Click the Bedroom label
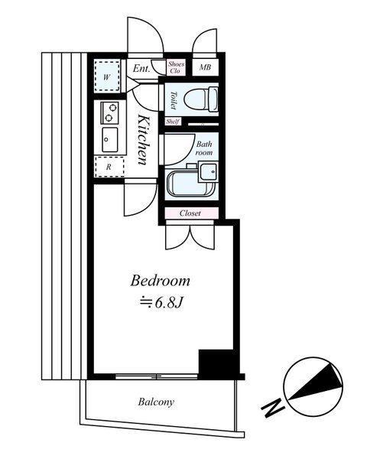pyautogui.click(x=160, y=281)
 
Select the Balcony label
pyautogui.click(x=156, y=402)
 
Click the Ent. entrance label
pyautogui.click(x=141, y=69)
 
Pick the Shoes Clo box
pyautogui.click(x=176, y=67)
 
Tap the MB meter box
pyautogui.click(x=205, y=67)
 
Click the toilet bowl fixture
pyautogui.click(x=202, y=99)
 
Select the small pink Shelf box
pyautogui.click(x=173, y=121)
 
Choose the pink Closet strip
pyautogui.click(x=191, y=213)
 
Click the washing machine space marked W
pyautogui.click(x=107, y=76)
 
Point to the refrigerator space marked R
pyautogui.click(x=109, y=167)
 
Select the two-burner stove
pyautogui.click(x=110, y=112)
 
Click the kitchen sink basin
pyautogui.click(x=110, y=140)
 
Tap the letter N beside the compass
pyautogui.click(x=273, y=407)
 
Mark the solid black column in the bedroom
pyautogui.click(x=216, y=363)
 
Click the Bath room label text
pyautogui.click(x=204, y=148)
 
